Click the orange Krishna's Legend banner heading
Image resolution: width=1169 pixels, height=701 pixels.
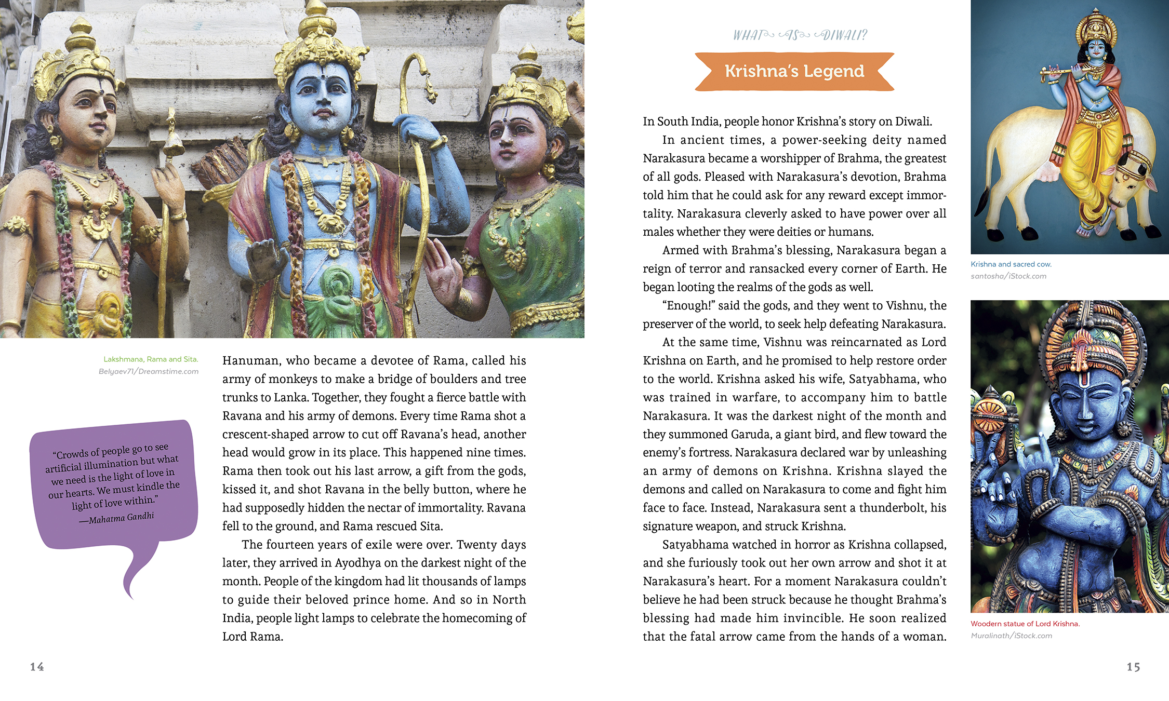point(794,71)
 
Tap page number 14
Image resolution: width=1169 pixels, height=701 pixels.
point(37,667)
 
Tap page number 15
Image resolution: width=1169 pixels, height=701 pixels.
point(1133,667)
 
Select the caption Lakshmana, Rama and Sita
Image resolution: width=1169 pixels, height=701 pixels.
point(151,359)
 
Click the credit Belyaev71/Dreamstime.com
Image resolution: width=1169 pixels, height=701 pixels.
point(149,371)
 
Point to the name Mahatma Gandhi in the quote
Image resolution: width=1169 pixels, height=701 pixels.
point(121,518)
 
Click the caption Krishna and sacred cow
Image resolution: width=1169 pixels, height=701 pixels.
point(1011,264)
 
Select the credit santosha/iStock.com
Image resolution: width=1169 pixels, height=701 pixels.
point(1008,276)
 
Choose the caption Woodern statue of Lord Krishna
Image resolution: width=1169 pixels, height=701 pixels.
point(1025,624)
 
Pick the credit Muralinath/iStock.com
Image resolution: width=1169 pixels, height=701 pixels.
point(1011,636)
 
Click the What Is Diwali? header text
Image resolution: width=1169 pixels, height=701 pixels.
point(800,35)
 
